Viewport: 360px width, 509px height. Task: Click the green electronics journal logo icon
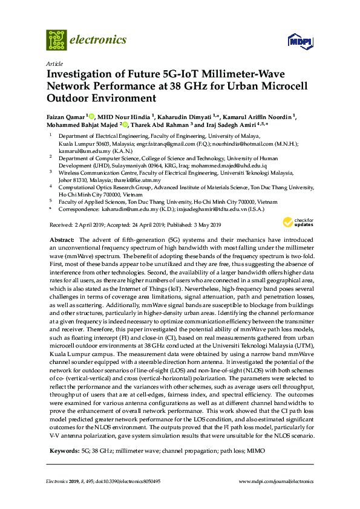[56, 40]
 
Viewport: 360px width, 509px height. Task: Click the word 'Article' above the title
[53, 63]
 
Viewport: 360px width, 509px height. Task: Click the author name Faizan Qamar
[65, 115]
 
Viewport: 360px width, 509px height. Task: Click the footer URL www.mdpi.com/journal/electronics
[276, 481]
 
